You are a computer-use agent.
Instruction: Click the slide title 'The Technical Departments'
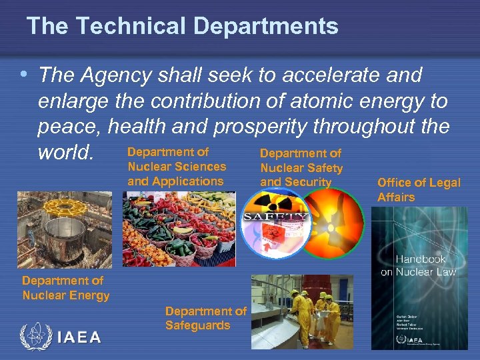point(182,26)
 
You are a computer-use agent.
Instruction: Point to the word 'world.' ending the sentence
point(66,153)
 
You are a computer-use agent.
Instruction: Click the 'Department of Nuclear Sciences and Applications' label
point(176,167)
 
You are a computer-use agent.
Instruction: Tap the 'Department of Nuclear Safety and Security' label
point(301,167)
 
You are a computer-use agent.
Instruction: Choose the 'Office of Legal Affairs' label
point(418,190)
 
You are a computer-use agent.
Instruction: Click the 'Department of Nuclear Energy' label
point(65,288)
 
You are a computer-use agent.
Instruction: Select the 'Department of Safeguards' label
point(205,319)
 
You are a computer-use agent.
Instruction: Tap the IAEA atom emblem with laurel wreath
point(35,336)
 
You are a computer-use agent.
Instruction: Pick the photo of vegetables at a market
point(178,229)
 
